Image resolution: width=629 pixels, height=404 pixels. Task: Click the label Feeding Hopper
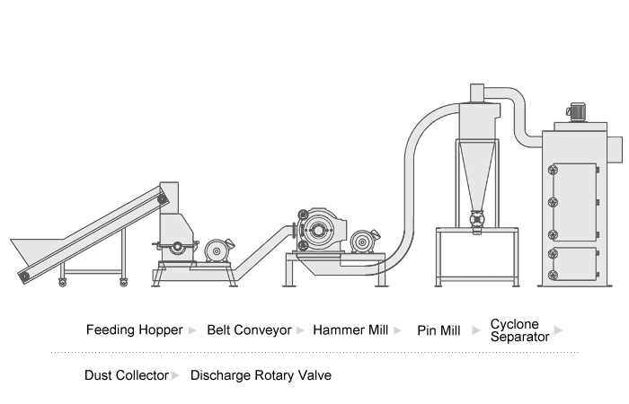134,329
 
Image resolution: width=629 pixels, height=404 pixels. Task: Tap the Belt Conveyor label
249,329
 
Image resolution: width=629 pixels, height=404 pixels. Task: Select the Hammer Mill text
350,329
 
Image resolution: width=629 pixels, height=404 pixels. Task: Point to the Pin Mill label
439,330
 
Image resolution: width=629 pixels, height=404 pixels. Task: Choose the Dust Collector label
126,375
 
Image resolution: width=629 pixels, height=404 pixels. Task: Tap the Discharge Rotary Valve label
261,375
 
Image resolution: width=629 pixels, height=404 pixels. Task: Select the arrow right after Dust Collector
175,375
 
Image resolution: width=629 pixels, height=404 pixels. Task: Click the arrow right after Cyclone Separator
559,330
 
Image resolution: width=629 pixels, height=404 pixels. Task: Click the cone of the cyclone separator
477,175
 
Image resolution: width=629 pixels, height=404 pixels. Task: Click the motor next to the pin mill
364,240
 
